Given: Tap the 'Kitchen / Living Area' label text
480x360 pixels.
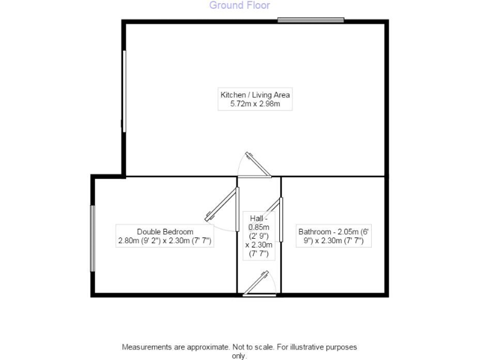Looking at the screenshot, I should point(255,95).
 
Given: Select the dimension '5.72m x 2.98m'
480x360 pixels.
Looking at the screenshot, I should point(255,104).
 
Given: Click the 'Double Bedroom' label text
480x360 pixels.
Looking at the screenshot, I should point(161,231).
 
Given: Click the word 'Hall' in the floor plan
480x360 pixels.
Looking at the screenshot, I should point(256,218).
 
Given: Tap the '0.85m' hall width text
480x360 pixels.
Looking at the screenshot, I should point(258,227).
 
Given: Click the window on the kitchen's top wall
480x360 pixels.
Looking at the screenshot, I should point(311,20).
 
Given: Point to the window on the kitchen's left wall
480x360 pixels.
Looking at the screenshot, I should point(124,91).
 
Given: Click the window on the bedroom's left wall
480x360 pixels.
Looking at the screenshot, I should point(92,239).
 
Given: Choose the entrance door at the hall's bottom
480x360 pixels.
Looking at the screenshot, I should point(259,284).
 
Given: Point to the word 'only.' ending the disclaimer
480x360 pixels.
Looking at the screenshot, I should point(239,356).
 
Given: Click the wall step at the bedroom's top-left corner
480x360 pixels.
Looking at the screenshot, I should point(109,176).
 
